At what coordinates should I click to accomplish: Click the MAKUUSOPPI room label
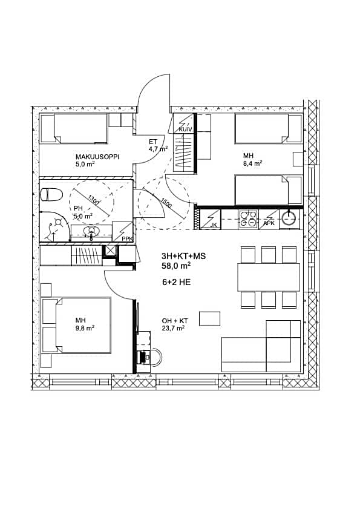(97, 156)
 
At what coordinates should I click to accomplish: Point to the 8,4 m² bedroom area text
(252, 163)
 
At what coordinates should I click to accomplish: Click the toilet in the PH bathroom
(51, 194)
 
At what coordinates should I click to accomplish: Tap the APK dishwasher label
(269, 224)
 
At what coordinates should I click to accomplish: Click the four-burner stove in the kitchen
(248, 218)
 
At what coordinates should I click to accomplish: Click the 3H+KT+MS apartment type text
(183, 256)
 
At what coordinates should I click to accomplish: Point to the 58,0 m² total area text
(176, 265)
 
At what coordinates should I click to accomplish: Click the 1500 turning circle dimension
(166, 204)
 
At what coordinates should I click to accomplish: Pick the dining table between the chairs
(269, 277)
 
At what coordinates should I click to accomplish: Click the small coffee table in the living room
(210, 318)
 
